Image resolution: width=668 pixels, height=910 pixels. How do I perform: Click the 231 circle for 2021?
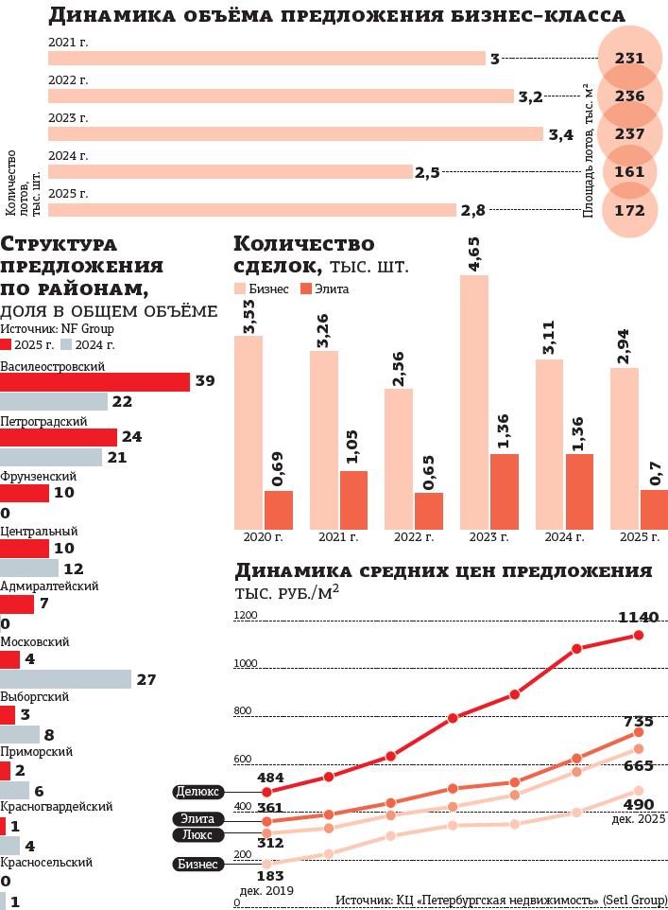pyautogui.click(x=629, y=59)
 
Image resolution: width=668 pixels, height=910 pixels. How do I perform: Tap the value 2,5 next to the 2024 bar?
pyautogui.click(x=427, y=172)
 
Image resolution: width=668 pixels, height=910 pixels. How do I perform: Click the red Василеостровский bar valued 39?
pyautogui.click(x=94, y=382)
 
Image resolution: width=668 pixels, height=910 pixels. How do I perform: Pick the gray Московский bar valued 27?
pyautogui.click(x=65, y=680)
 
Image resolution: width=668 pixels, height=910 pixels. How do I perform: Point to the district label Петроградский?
pyautogui.click(x=44, y=421)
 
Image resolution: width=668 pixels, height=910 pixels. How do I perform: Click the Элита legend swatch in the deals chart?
pyautogui.click(x=307, y=289)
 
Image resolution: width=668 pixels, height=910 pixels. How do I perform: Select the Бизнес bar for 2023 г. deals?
pyautogui.click(x=474, y=402)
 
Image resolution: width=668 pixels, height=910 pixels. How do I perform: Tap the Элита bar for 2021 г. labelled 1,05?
pyautogui.click(x=353, y=499)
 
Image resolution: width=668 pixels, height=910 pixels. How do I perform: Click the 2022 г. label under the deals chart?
pyautogui.click(x=414, y=537)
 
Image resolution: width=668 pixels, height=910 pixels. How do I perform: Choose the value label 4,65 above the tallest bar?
pyautogui.click(x=474, y=256)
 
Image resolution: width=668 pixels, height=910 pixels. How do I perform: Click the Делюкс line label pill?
pyautogui.click(x=198, y=791)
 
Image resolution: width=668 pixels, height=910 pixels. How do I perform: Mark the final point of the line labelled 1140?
pyautogui.click(x=639, y=635)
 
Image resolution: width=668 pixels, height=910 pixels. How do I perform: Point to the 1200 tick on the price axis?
pyautogui.click(x=246, y=615)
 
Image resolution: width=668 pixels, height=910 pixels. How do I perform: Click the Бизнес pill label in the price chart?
pyautogui.click(x=198, y=864)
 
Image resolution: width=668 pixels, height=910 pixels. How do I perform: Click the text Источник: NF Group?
pyautogui.click(x=57, y=328)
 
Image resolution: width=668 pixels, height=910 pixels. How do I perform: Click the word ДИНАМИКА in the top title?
pyautogui.click(x=104, y=15)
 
